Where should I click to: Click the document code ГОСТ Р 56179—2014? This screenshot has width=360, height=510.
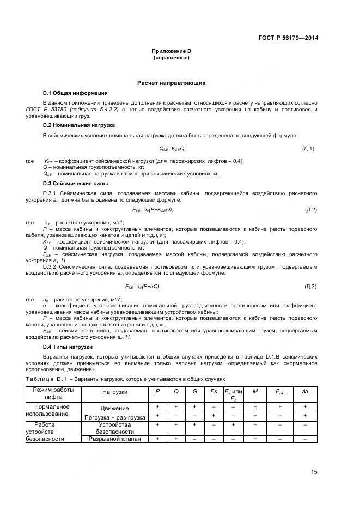[289, 38]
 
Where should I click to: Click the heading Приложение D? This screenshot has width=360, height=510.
[171, 51]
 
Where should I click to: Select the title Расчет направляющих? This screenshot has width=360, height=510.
[171, 83]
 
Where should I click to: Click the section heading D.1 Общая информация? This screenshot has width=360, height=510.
[75, 93]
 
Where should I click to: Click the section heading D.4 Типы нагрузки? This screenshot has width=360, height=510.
[68, 347]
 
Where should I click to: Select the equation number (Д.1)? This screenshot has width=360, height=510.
[308, 148]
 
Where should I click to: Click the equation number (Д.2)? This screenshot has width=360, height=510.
[310, 209]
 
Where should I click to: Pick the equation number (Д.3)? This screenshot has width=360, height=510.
[310, 286]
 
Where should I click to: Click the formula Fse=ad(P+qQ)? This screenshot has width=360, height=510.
[143, 286]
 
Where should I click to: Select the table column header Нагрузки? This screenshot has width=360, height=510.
[114, 392]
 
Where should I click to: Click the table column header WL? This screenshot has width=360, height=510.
[305, 392]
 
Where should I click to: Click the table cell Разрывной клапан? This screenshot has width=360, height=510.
[114, 439]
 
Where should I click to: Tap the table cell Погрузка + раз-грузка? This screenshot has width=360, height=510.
[114, 417]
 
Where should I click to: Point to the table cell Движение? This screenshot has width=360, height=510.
[114, 408]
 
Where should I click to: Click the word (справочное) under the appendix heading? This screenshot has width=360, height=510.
[171, 57]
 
